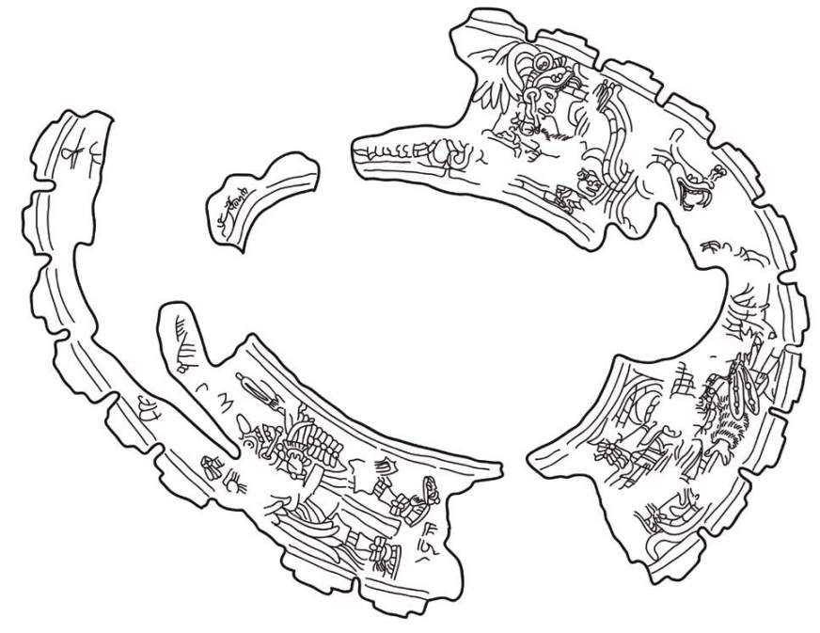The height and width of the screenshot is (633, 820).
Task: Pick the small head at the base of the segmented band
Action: (x=590, y=184)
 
